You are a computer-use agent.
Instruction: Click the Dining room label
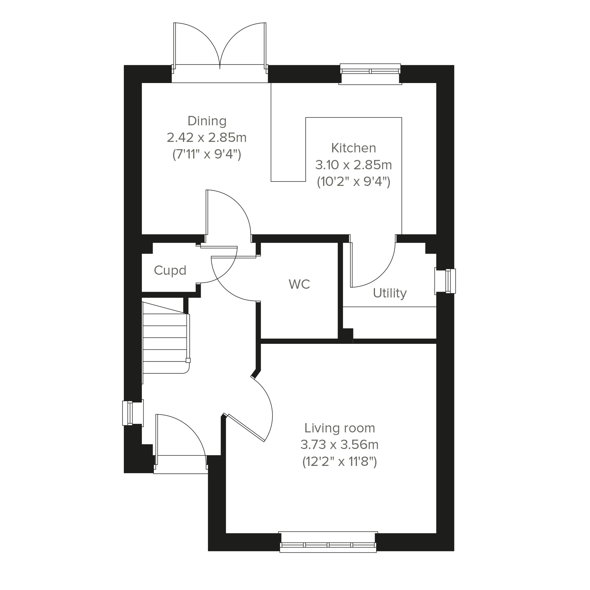pyautogui.click(x=207, y=121)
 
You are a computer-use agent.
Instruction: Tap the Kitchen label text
pyautogui.click(x=354, y=148)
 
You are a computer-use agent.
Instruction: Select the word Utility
pyautogui.click(x=390, y=293)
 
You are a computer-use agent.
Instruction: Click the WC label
pyautogui.click(x=299, y=284)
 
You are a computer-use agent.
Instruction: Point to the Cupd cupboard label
pyautogui.click(x=170, y=271)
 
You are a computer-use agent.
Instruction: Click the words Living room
pyautogui.click(x=340, y=428)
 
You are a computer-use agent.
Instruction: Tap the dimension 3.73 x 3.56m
pyautogui.click(x=340, y=445)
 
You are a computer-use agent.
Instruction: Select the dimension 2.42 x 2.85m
pyautogui.click(x=207, y=138)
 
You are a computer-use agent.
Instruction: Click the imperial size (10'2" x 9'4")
pyautogui.click(x=354, y=182)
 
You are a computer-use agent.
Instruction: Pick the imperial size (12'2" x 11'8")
pyautogui.click(x=340, y=462)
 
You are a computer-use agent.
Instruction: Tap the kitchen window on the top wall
pyautogui.click(x=370, y=74)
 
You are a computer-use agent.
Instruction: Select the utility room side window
pyautogui.click(x=445, y=281)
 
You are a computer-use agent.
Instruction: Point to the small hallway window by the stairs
pyautogui.click(x=133, y=413)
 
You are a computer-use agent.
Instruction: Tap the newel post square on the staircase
pyautogui.click(x=188, y=360)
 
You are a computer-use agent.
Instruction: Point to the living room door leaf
pyautogui.click(x=245, y=428)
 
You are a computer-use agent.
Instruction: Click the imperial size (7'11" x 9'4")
pyautogui.click(x=207, y=154)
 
